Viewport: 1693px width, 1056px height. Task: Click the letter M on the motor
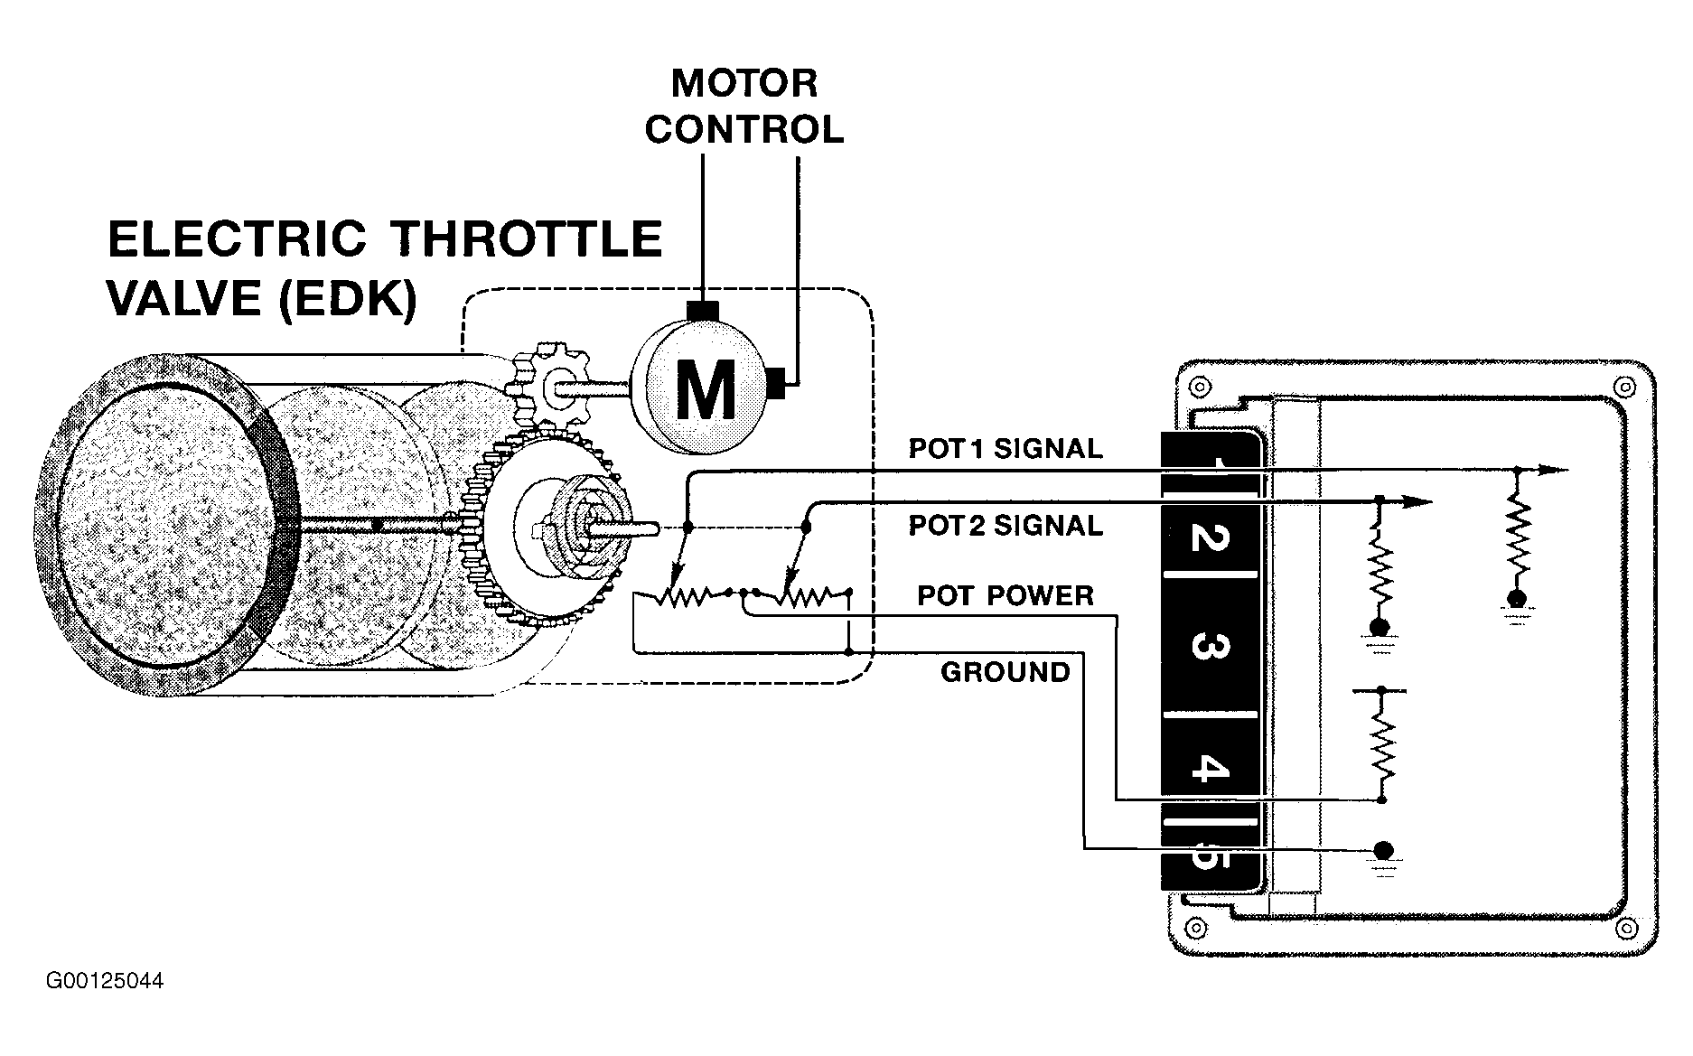[x=706, y=389]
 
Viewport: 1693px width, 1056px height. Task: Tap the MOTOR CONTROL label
[x=744, y=107]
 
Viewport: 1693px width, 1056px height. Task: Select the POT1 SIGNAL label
[x=1006, y=449]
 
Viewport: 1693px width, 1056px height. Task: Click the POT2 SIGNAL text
[x=1006, y=526]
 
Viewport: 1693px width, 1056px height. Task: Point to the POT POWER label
[x=1006, y=595]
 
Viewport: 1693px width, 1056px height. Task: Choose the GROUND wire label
[x=1006, y=672]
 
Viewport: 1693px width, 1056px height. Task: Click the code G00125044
[x=105, y=980]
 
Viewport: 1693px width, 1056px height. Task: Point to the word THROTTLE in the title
[x=529, y=239]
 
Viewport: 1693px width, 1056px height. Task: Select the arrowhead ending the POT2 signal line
[x=1416, y=500]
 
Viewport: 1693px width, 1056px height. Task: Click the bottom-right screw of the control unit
[x=1625, y=928]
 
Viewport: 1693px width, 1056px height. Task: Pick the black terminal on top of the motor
[x=702, y=310]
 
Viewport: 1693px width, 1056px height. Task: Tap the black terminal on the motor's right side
[x=778, y=384]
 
